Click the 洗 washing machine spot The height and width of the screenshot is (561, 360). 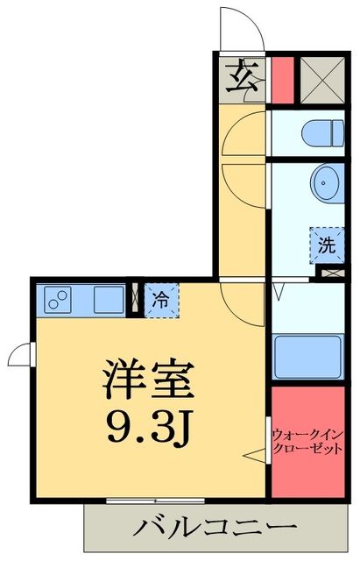[x=326, y=245]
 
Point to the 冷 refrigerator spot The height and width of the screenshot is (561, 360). [x=161, y=300]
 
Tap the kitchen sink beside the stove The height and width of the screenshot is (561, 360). [x=109, y=300]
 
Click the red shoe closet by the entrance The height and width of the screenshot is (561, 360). [x=281, y=81]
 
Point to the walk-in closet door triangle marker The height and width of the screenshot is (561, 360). [x=255, y=454]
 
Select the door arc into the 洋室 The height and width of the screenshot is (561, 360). [x=240, y=302]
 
